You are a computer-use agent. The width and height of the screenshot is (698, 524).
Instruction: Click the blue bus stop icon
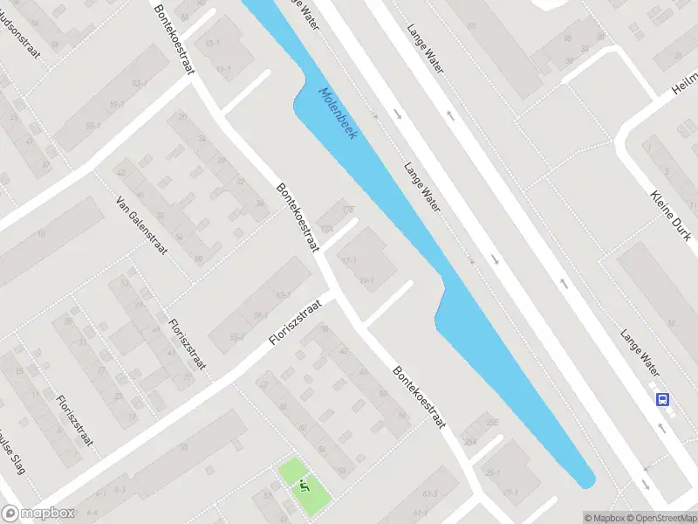(663, 399)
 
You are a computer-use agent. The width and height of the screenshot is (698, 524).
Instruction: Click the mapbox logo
(39, 514)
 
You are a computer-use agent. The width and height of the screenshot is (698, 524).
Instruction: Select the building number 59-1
(235, 337)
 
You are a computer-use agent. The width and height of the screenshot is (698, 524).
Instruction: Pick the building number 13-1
(212, 42)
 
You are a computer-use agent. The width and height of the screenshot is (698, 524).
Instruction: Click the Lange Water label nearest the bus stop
(639, 346)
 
